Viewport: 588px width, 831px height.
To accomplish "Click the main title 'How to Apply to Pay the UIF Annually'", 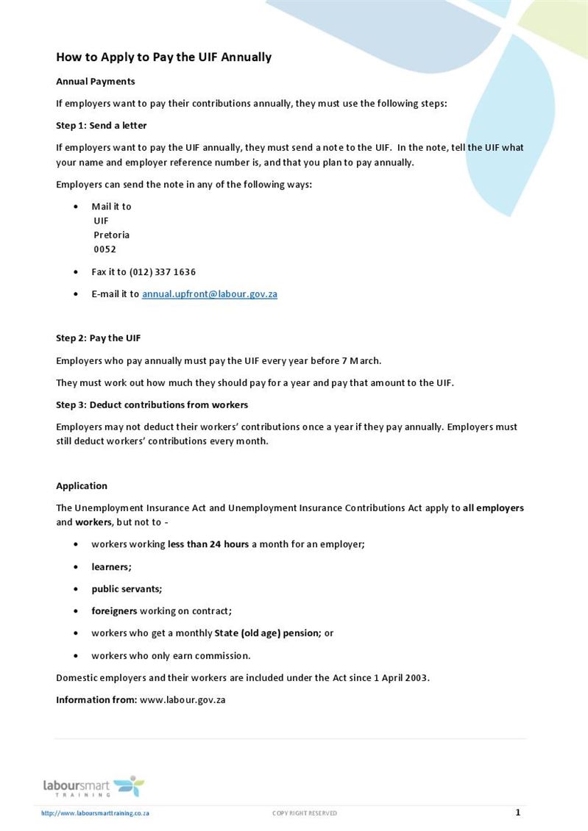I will pos(163,57).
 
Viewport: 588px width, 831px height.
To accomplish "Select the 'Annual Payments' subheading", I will pos(95,82).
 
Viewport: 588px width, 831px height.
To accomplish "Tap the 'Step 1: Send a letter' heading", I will pos(101,126).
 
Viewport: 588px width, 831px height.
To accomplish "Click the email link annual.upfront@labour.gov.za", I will pos(209,294).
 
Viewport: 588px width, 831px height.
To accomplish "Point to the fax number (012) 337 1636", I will pos(162,272).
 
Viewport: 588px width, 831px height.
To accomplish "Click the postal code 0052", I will pos(105,249).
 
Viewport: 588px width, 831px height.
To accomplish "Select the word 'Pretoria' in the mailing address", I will pos(111,235).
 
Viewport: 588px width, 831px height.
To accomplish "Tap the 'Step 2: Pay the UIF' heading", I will pos(98,338).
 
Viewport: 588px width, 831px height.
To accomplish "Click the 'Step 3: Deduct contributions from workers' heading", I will pos(152,405).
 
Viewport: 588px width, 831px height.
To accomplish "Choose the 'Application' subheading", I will pos(82,486).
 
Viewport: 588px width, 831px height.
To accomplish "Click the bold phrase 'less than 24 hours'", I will pos(208,545).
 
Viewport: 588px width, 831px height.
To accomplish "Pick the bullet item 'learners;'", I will pos(111,567).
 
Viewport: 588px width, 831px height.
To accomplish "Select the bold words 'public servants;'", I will pos(127,589).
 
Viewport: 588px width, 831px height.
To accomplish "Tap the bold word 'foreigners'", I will pos(114,611).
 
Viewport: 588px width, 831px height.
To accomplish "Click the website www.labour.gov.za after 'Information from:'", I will pos(182,700).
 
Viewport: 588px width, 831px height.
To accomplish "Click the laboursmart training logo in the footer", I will pos(93,786).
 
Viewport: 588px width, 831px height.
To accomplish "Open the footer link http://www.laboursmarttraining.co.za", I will pos(96,813).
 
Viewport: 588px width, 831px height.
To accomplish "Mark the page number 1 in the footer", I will pos(517,813).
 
